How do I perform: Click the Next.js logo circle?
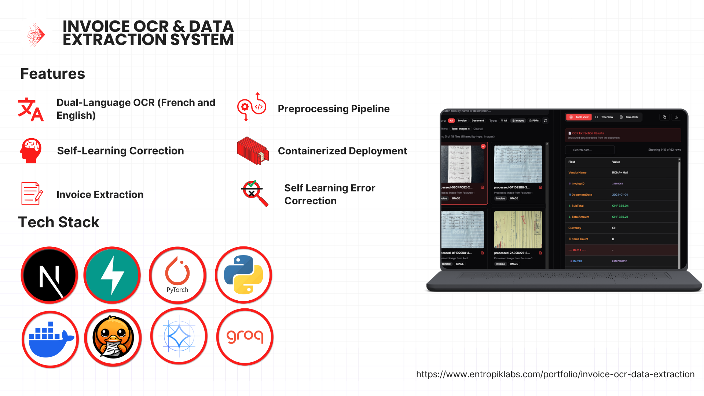tap(49, 275)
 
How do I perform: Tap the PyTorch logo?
tap(177, 275)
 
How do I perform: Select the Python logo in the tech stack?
tap(243, 275)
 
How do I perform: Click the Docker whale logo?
tap(50, 339)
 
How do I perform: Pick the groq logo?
tap(245, 337)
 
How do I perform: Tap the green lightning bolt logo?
tap(112, 275)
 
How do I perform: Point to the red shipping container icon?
tap(253, 151)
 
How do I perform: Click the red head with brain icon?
tap(31, 151)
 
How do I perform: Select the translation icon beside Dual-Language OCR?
tap(31, 109)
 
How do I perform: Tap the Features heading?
tap(53, 74)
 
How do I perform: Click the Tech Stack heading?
tap(59, 222)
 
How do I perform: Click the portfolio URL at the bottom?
tap(555, 374)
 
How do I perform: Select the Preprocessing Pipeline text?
tap(334, 109)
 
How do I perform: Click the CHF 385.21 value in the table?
tap(620, 217)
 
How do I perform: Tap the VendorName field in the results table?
tap(577, 173)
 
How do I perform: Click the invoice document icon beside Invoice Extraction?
tap(32, 193)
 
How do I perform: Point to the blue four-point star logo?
tap(179, 336)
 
